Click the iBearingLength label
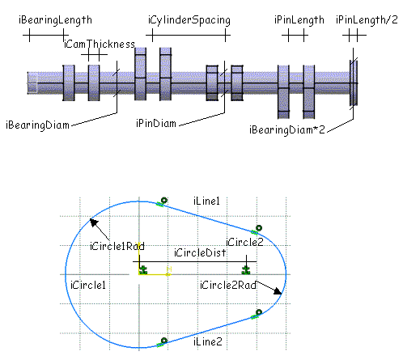55,20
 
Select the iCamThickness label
100,44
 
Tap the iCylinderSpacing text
189,20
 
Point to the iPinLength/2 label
367,19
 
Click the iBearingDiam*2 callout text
287,130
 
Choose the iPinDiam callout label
156,124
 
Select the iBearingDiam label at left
37,125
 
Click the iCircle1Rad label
117,246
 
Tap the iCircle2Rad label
228,285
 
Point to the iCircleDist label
200,253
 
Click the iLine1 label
206,201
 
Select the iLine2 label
208,341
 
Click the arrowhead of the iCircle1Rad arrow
93,222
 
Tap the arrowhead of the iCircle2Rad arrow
278,291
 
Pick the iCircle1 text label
88,285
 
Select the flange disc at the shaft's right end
354,83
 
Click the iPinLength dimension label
299,20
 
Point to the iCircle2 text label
244,242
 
